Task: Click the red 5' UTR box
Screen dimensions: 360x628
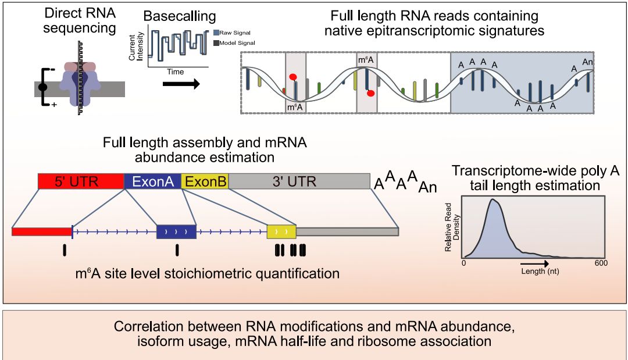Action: pyautogui.click(x=81, y=181)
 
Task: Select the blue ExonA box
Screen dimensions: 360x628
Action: pyautogui.click(x=153, y=181)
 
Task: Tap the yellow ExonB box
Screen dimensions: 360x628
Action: pyautogui.click(x=205, y=181)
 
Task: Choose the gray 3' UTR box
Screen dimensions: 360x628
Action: pyautogui.click(x=299, y=181)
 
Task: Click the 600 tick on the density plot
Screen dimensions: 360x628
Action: pyautogui.click(x=601, y=263)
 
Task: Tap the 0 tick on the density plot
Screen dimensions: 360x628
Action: pyautogui.click(x=463, y=263)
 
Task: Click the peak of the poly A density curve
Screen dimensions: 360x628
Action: pyautogui.click(x=493, y=200)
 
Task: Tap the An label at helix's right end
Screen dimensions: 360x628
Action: pyautogui.click(x=587, y=61)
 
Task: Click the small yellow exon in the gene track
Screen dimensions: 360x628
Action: pyautogui.click(x=281, y=231)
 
